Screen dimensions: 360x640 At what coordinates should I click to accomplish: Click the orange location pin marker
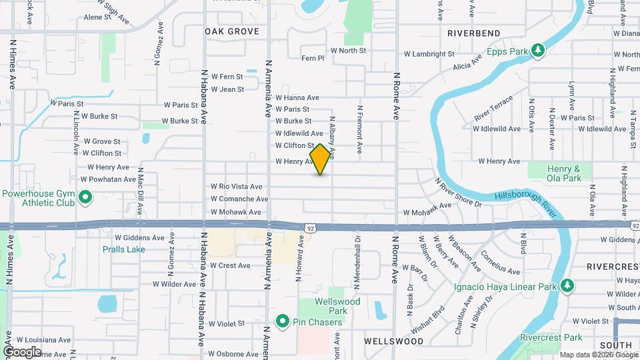321,159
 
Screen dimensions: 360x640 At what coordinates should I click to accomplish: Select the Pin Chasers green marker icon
282,322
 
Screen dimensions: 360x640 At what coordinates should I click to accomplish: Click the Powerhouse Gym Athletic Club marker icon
85,197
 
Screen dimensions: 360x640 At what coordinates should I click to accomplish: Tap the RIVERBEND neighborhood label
473,33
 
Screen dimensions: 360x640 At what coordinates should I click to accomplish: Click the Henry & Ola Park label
563,174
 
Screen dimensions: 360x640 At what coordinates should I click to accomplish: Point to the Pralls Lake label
123,249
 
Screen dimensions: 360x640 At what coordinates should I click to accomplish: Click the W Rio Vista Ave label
236,187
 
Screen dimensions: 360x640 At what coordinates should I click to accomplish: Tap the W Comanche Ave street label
239,199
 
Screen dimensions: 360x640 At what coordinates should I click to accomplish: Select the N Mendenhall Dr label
357,262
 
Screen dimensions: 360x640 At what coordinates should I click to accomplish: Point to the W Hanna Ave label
297,97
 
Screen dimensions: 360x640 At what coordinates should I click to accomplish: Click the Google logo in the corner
22,352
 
